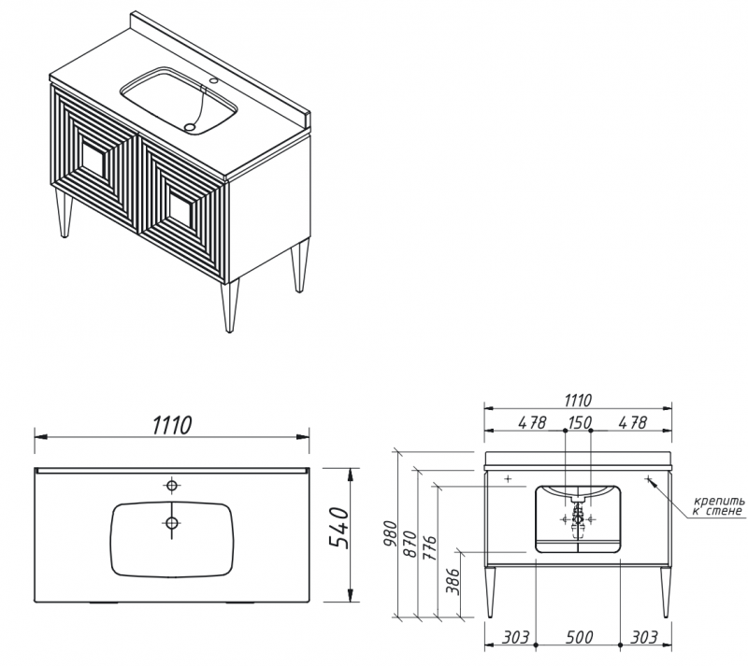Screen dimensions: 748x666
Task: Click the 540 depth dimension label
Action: [x=339, y=528]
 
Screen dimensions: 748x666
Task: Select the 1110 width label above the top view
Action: [x=172, y=425]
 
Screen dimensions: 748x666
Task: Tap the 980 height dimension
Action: [x=391, y=534]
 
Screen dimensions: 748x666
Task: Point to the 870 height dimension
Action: [x=410, y=544]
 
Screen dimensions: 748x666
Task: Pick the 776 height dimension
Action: [x=429, y=547]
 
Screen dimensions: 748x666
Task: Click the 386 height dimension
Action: [x=453, y=582]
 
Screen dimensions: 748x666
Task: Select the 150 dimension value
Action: [x=579, y=422]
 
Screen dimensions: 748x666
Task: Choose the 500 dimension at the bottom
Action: [x=579, y=637]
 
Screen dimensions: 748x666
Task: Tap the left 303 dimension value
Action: [x=515, y=637]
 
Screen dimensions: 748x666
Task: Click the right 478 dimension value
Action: [x=633, y=422]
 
